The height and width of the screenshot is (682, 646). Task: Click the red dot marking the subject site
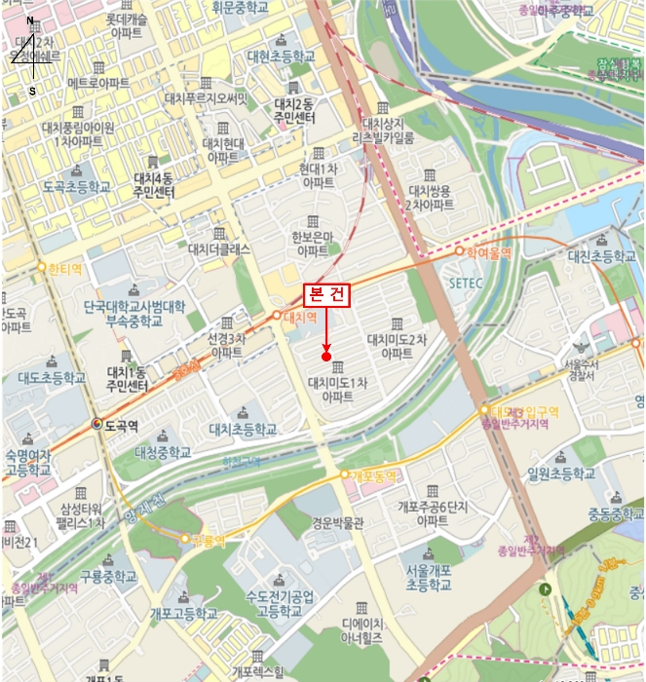326,357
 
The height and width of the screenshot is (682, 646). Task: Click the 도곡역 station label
121,425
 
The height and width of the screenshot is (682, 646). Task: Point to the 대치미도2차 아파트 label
398,346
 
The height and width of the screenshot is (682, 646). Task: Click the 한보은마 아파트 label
311,243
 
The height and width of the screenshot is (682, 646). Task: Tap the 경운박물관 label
338,522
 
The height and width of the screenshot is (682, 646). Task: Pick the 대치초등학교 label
243,429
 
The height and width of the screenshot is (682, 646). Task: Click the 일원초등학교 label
560,473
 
